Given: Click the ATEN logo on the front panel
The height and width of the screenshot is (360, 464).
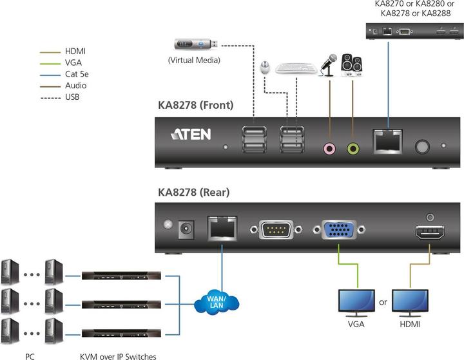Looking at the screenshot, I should point(191,135).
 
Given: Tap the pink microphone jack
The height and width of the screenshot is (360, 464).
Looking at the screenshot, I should point(329,149).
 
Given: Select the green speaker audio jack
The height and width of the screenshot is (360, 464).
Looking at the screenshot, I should point(353,149).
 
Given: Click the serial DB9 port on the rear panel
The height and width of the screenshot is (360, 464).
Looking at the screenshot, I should point(276,230).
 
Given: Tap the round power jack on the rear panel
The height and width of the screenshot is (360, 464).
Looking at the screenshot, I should point(188,227).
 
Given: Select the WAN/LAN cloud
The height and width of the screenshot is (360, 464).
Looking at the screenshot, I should point(217,300).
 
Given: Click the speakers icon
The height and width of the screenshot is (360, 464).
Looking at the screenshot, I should point(352,65).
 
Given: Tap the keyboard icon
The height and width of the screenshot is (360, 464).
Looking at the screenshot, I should point(296,68).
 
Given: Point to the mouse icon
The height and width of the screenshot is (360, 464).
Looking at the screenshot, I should point(264,67).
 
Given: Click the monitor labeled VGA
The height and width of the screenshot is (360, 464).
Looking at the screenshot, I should point(356,301).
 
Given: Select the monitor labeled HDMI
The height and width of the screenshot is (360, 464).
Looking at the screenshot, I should point(411,301).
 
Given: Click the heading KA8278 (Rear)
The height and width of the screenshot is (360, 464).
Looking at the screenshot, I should point(193,191).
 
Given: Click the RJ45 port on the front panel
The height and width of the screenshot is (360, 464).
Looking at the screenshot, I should point(387,142).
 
